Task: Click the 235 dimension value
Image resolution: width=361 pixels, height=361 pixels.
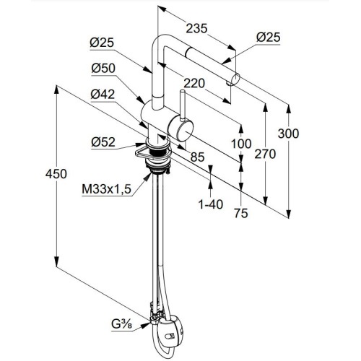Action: point(196,28)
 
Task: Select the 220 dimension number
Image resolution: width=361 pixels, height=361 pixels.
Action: point(194,84)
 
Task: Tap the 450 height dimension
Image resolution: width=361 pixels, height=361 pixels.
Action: point(56,174)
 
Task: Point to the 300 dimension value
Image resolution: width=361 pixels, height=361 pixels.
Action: point(288,134)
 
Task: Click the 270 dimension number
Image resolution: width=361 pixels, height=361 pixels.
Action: point(265,154)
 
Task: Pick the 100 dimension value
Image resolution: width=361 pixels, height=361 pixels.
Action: point(241,144)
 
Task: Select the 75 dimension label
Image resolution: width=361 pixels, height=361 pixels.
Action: point(241,213)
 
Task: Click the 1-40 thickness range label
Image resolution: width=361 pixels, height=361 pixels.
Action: point(211,204)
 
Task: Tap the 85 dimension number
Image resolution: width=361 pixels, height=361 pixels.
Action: point(197,157)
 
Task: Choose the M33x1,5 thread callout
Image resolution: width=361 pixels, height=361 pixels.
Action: point(106,189)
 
